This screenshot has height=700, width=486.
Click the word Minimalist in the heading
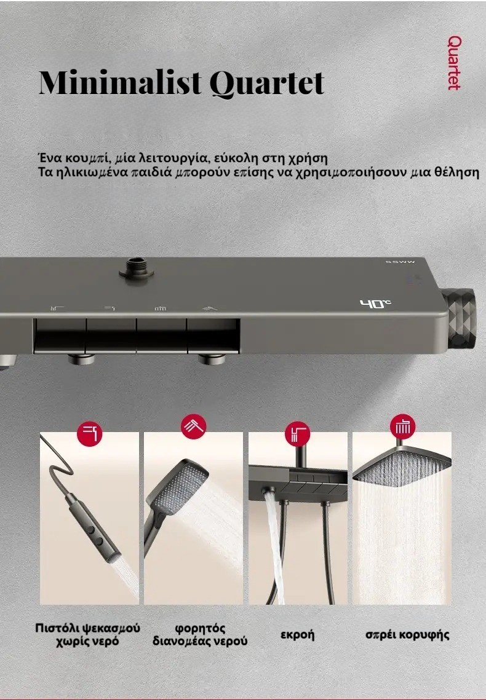tap(120, 82)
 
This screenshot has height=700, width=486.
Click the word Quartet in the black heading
tap(266, 83)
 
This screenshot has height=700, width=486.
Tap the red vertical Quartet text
tap(454, 63)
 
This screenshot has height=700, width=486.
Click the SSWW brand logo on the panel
tap(400, 262)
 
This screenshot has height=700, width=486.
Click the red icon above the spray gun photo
tap(89, 433)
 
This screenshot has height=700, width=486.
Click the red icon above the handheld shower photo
tap(193, 427)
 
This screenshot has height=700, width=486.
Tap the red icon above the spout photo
tap(298, 433)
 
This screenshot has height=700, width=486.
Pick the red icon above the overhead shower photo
tap(402, 427)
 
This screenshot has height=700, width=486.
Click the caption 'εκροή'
tap(298, 635)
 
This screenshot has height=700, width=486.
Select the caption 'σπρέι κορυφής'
tap(407, 635)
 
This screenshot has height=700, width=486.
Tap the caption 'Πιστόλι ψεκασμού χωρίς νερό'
tap(87, 634)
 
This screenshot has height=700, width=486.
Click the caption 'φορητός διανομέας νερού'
tap(200, 635)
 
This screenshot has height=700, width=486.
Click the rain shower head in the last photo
tap(402, 468)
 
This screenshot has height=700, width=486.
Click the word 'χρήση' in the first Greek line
tap(308, 159)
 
